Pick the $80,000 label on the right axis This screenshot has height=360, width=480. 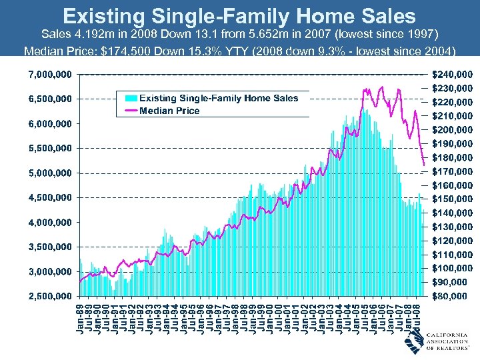pyautogui.click(x=455, y=296)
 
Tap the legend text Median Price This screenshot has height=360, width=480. pyautogui.click(x=169, y=111)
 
